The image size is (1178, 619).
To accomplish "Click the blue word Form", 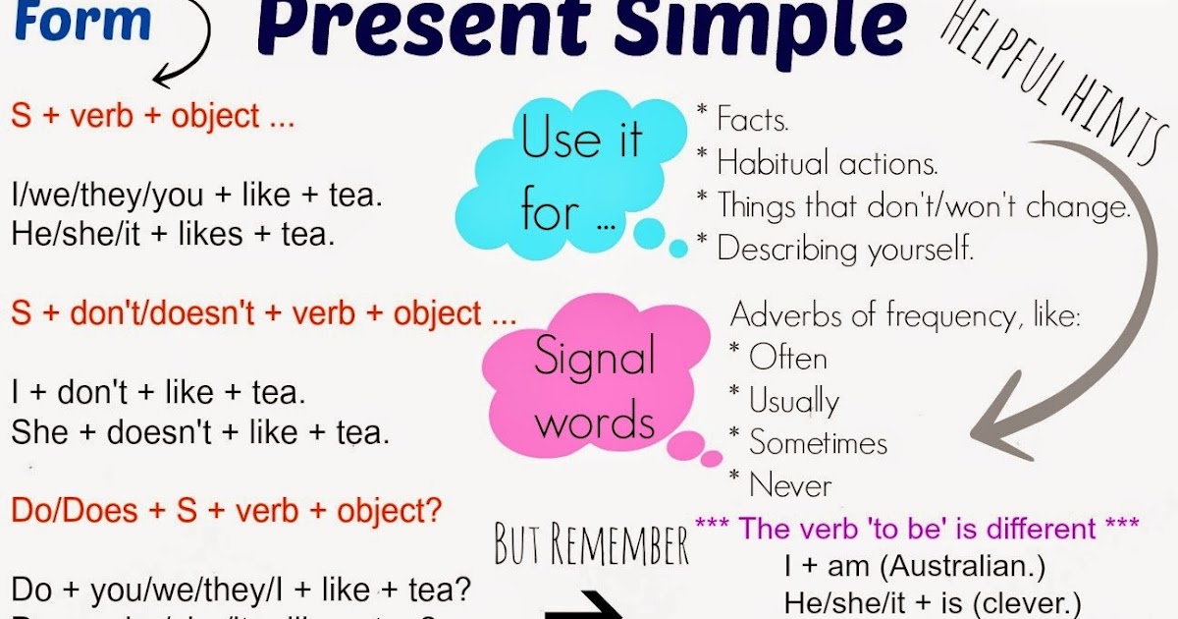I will point(83,22).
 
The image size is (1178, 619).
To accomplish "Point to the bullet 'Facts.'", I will point(752,121).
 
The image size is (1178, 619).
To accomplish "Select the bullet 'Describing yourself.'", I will point(844,249).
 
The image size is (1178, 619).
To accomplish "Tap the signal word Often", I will point(787,358).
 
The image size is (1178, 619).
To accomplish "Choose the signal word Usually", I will point(793,401).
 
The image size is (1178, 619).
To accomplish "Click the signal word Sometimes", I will point(818,443).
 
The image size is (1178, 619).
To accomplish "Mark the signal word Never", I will point(789,485).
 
